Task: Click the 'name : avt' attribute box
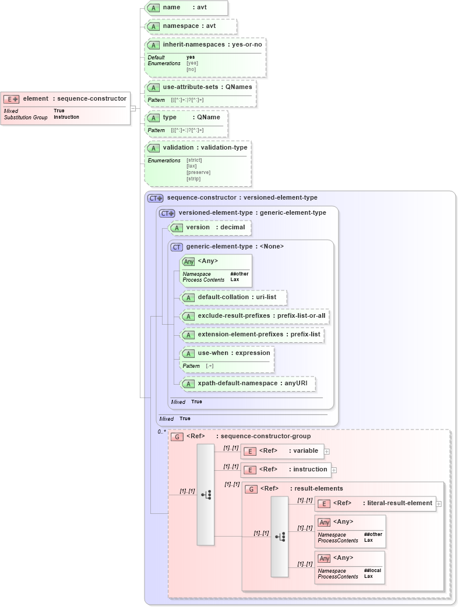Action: pos(186,8)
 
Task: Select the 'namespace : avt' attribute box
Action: pos(191,26)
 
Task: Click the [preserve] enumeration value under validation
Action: pos(198,172)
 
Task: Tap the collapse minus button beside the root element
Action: pos(133,108)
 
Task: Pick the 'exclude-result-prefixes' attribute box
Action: pos(255,316)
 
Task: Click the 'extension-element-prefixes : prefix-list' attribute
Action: pos(252,335)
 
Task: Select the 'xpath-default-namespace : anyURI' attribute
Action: pos(248,384)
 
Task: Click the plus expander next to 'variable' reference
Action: pos(327,451)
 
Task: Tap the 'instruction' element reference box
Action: pos(286,470)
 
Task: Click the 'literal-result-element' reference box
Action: pos(375,503)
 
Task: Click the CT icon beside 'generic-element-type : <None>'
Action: pos(177,247)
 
